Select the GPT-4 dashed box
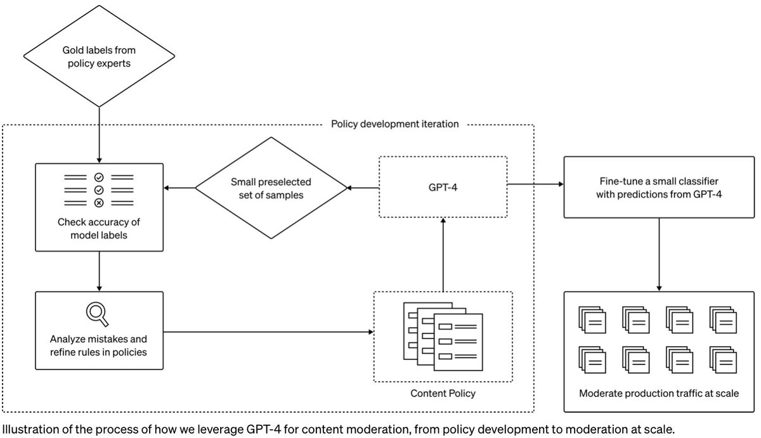pos(443,187)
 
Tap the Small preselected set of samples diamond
pos(271,188)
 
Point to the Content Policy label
pos(443,394)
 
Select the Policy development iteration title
pos(394,124)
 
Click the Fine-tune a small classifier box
pos(659,187)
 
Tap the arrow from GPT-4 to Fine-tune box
pos(535,184)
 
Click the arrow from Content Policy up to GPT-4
pos(443,254)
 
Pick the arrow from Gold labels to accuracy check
pos(99,133)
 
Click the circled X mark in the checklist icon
pos(98,203)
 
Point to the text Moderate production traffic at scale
pos(659,394)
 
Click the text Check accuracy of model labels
pos(99,228)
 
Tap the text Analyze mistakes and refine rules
pos(98,345)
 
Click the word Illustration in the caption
pos(26,428)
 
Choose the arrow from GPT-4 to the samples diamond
pos(363,188)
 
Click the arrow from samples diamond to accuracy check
pos(179,188)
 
